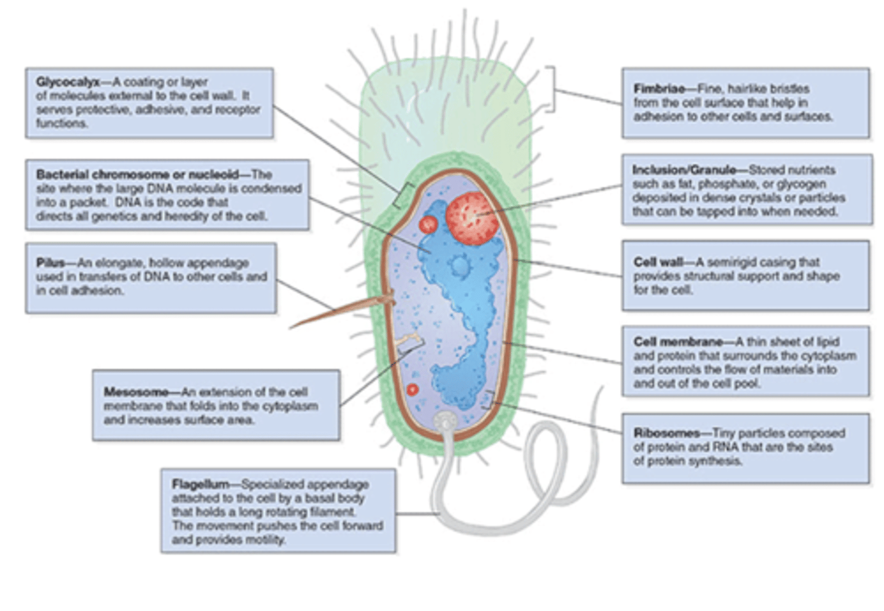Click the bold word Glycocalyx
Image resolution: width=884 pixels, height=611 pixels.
[x=68, y=82]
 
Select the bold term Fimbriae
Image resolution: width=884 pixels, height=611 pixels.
[x=659, y=88]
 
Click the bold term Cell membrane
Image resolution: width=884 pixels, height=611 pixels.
[x=669, y=342]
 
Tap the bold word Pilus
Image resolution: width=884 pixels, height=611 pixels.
[x=50, y=263]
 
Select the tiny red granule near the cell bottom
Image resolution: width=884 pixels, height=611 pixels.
[x=413, y=389]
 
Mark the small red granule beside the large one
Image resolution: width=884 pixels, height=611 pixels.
[x=428, y=224]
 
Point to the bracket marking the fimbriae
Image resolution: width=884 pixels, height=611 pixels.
[x=552, y=90]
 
